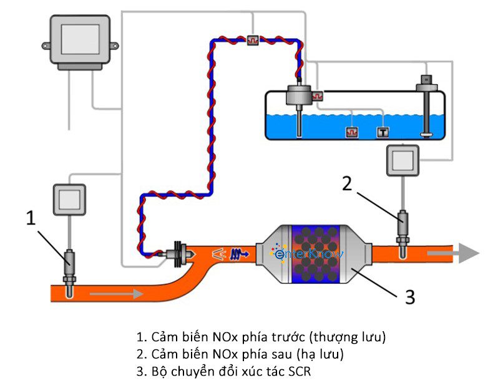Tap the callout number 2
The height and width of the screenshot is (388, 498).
click(348, 183)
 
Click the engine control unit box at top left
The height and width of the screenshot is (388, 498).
click(80, 41)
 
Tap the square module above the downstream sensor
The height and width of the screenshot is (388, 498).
click(403, 161)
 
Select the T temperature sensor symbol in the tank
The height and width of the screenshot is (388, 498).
click(382, 132)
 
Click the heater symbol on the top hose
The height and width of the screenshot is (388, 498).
click(253, 39)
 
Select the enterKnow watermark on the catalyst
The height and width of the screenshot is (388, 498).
click(307, 253)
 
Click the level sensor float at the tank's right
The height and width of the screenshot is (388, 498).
click(426, 132)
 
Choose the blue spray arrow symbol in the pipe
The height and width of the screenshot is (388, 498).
click(239, 254)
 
